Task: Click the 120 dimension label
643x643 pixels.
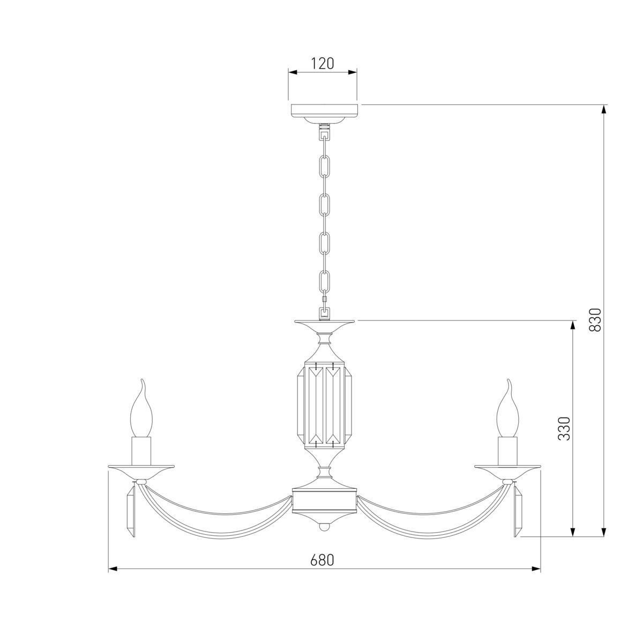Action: [x=322, y=63]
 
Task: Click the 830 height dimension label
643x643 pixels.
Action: [x=595, y=320]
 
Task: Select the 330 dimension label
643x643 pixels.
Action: [x=564, y=428]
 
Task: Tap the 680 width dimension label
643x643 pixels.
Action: [x=322, y=560]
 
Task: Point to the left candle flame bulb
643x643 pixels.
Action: [x=141, y=408]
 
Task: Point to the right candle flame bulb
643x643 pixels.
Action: [x=507, y=408]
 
